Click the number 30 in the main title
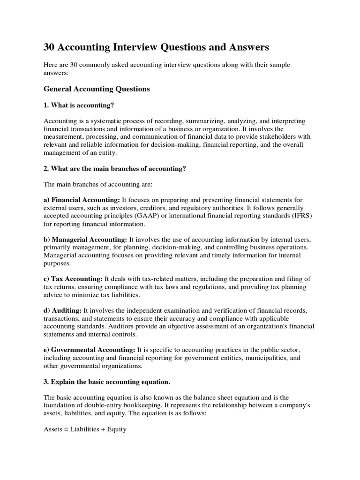coord(50,47)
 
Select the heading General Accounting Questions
coord(97,89)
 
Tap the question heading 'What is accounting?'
coord(79,105)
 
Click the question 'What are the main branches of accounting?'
coord(115,169)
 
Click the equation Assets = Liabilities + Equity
coord(85,429)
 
